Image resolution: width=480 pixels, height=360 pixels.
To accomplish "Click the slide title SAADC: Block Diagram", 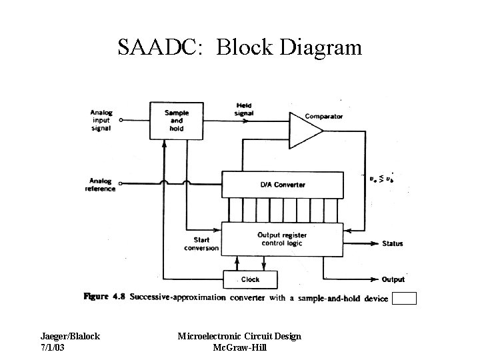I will click(x=239, y=48).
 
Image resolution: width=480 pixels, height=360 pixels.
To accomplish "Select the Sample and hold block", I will click(x=176, y=121).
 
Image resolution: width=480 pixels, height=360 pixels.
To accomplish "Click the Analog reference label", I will click(x=100, y=184).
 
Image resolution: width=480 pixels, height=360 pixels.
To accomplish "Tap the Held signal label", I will click(x=244, y=109).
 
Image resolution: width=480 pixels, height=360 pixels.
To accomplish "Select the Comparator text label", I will click(x=324, y=116).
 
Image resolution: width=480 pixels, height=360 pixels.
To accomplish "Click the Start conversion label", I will click(x=201, y=244).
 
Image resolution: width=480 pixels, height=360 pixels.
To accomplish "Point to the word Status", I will click(x=393, y=243).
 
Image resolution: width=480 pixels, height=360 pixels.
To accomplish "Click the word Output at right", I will click(x=393, y=279).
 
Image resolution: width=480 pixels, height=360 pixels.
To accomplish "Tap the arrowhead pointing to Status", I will click(x=374, y=243).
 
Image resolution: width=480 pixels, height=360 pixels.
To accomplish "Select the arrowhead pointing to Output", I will click(x=374, y=279).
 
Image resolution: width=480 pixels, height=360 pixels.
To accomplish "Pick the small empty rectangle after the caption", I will click(x=404, y=298).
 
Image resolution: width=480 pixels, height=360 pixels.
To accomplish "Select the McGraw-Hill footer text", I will click(x=239, y=347).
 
